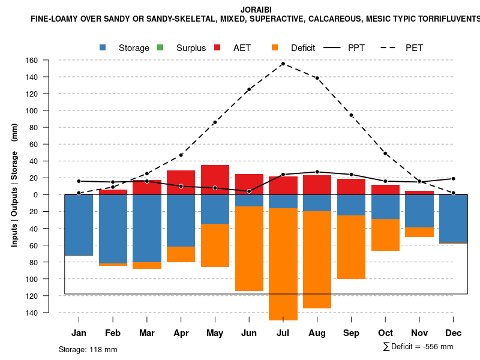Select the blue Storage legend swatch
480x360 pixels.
point(103,47)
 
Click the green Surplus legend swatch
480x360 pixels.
point(160,47)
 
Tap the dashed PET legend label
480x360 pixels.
point(414,48)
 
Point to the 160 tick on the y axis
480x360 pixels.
point(47,60)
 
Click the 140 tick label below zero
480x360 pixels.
point(47,313)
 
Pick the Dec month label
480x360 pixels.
point(453,333)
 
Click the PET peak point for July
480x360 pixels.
point(283,64)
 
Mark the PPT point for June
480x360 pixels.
point(248,191)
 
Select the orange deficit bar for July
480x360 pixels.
point(283,264)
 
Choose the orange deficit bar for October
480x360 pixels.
point(385,235)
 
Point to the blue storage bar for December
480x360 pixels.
point(453,218)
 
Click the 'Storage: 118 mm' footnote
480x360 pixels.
point(88,349)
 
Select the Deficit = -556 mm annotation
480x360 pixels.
point(418,347)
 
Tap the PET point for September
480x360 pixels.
point(351,115)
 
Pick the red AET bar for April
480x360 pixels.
point(181,182)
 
